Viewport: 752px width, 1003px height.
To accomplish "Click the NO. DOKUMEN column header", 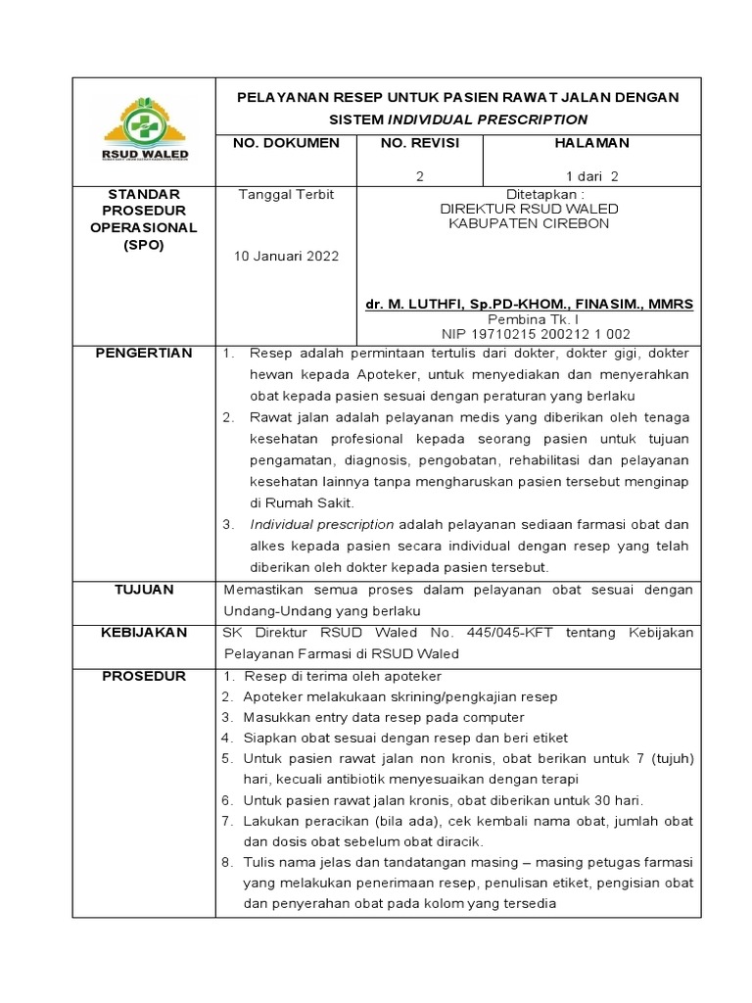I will (x=285, y=143).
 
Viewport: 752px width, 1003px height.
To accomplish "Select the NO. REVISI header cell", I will (x=420, y=143).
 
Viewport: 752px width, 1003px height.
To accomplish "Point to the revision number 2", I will (x=420, y=176).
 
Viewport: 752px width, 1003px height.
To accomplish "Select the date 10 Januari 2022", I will (x=285, y=257).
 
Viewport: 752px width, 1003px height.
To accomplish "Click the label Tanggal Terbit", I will (x=285, y=194).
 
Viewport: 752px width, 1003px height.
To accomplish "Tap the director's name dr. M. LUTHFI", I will (x=529, y=305).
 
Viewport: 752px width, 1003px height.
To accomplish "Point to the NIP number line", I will (x=529, y=334).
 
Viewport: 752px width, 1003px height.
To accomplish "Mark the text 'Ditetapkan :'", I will (x=529, y=194).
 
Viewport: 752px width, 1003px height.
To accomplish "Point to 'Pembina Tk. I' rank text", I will (x=529, y=319).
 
